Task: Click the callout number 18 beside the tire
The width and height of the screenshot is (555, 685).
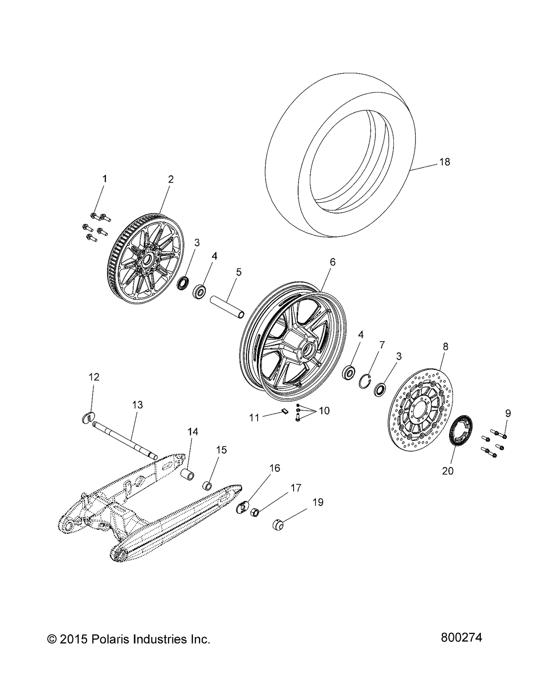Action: coord(445,162)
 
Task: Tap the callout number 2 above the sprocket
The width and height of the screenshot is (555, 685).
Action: coord(171,179)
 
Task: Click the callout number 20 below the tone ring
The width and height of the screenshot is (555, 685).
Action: coord(447,471)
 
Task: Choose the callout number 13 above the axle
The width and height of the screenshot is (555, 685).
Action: coord(137,405)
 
